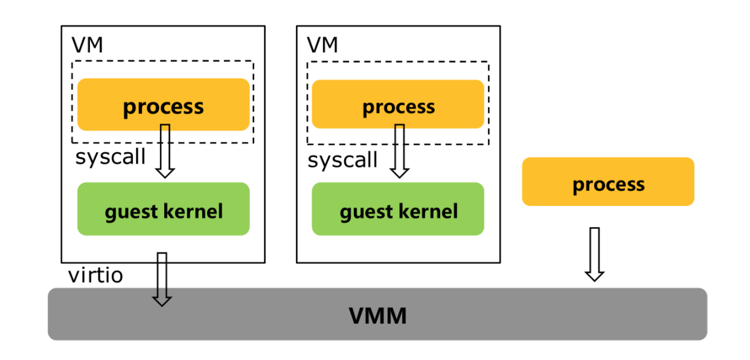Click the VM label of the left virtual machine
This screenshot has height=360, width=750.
(88, 45)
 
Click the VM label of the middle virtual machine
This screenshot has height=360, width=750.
(322, 45)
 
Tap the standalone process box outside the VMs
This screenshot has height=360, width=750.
(608, 182)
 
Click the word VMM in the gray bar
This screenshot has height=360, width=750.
(378, 315)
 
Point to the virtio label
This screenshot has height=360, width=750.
(95, 275)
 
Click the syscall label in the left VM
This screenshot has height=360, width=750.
(111, 157)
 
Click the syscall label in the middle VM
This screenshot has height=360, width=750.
(342, 161)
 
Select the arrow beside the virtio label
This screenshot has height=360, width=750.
(162, 279)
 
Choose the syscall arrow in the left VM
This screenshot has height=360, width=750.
(165, 151)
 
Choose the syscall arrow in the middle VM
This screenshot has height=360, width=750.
(399, 151)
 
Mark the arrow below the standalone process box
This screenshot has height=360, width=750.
(595, 254)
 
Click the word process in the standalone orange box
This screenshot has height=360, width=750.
(608, 184)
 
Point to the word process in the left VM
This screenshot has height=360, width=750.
(163, 107)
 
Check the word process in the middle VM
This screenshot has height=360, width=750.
(398, 108)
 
